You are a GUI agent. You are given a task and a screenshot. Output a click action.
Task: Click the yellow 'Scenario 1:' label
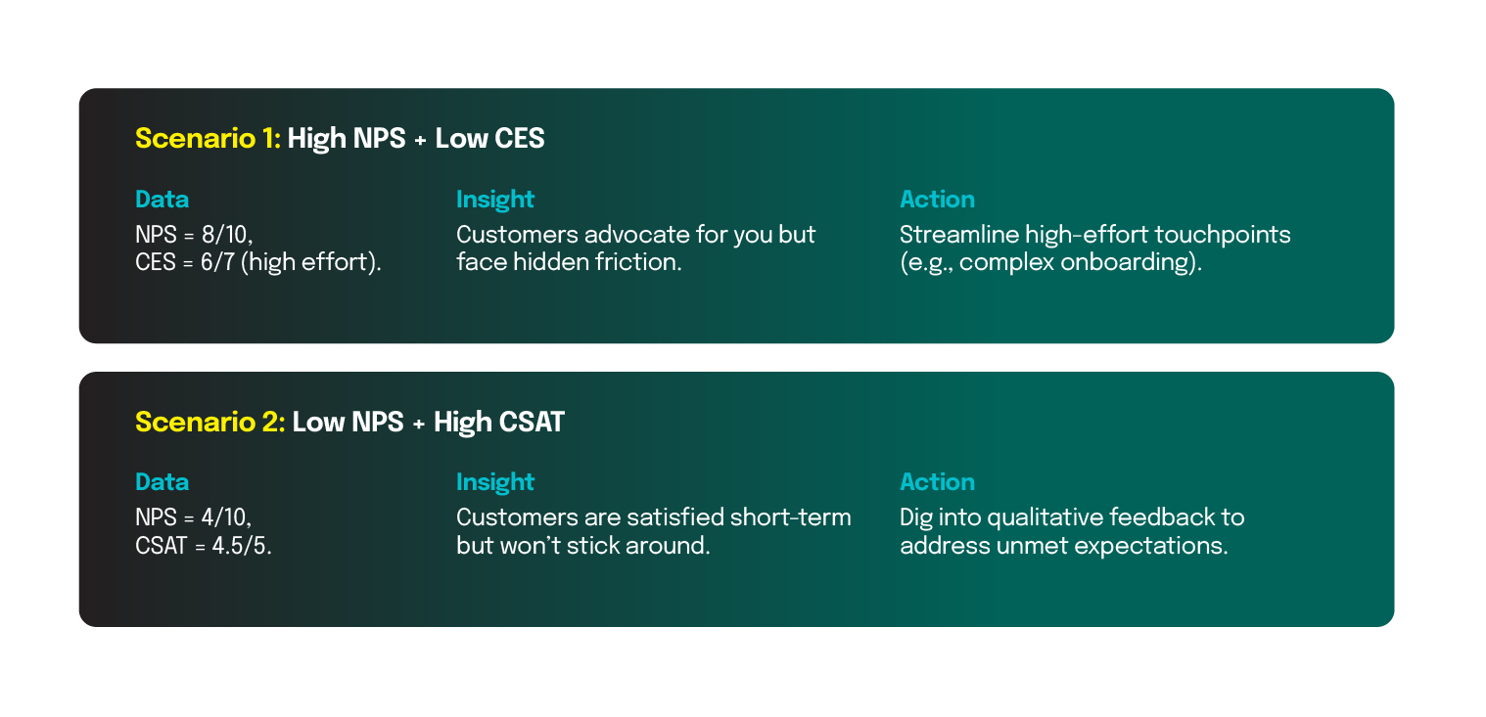208,139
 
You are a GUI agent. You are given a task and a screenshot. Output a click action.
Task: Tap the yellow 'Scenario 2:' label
209,423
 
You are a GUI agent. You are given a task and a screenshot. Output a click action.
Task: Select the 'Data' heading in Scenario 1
162,200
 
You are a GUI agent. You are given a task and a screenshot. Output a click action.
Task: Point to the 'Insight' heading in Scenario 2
495,482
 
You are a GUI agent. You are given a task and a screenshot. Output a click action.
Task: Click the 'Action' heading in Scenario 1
937,200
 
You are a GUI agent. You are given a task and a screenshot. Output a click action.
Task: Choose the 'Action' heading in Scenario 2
937,482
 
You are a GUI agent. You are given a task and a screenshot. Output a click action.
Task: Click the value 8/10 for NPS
227,235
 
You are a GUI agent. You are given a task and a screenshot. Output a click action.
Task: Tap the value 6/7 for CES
217,262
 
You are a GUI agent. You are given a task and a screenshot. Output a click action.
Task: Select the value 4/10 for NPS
226,517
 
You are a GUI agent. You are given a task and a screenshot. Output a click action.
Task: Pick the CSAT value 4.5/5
242,546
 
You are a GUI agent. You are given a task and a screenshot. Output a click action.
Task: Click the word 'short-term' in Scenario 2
790,517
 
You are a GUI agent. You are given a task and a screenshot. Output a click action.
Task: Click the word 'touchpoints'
1222,235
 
